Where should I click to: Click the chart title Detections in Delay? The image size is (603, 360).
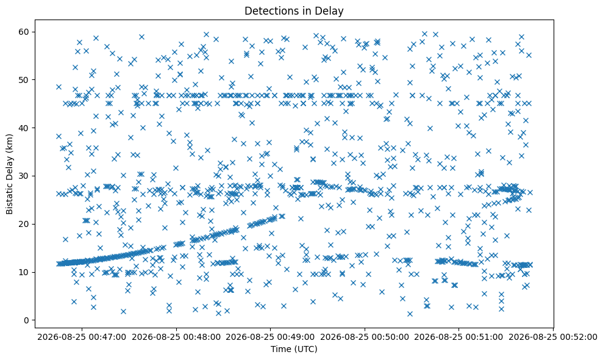pyautogui.click(x=294, y=11)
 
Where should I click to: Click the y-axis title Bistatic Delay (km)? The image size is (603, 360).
pyautogui.click(x=10, y=174)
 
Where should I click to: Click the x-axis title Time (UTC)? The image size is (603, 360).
pyautogui.click(x=294, y=349)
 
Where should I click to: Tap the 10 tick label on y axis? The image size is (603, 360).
pyautogui.click(x=24, y=272)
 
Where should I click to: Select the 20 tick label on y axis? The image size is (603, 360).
pyautogui.click(x=24, y=224)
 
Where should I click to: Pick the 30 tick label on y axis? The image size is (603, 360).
pyautogui.click(x=24, y=176)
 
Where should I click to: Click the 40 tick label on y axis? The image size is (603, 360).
pyautogui.click(x=24, y=128)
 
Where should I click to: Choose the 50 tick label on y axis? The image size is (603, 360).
pyautogui.click(x=24, y=80)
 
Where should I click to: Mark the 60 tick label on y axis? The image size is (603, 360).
pyautogui.click(x=24, y=32)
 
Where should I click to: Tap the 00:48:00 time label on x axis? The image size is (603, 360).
pyautogui.click(x=176, y=337)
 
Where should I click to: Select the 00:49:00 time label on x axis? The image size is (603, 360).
pyautogui.click(x=270, y=337)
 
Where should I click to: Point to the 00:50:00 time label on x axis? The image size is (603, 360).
pyautogui.click(x=365, y=337)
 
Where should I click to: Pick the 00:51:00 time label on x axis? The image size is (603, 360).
pyautogui.click(x=458, y=337)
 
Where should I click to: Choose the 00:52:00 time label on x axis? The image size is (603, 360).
pyautogui.click(x=554, y=337)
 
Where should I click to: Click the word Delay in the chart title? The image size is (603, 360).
pyautogui.click(x=330, y=11)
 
